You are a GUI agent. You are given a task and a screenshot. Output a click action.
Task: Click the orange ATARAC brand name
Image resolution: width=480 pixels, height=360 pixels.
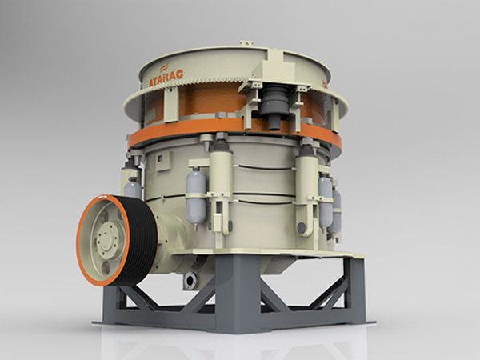tap(166, 78)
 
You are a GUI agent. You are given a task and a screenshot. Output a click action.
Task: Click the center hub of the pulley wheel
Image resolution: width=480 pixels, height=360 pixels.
tap(108, 238)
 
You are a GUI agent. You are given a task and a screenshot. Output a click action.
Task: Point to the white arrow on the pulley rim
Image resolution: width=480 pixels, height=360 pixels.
tap(103, 198)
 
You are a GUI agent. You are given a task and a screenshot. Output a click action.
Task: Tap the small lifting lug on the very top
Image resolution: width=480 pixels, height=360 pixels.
tap(246, 43)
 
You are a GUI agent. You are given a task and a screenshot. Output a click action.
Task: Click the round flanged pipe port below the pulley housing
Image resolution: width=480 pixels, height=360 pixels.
tap(190, 280)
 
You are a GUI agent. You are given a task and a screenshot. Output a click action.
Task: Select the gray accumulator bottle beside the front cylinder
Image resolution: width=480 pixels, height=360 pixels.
tap(196, 199)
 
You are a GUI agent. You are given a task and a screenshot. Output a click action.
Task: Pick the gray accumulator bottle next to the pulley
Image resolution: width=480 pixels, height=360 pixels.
tap(133, 187)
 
